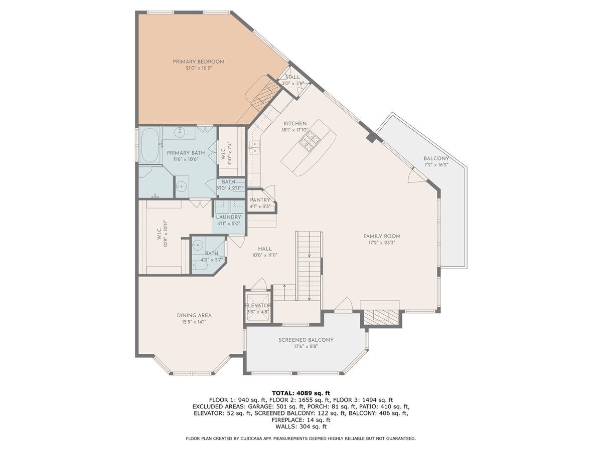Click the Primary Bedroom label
pyautogui.click(x=198, y=62)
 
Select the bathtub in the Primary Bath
pyautogui.click(x=149, y=145)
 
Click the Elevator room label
pyautogui.click(x=258, y=305)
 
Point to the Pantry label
pyautogui.click(x=260, y=200)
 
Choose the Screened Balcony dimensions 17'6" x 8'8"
pyautogui.click(x=306, y=346)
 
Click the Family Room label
pyautogui.click(x=382, y=236)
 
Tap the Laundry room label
pyautogui.click(x=228, y=217)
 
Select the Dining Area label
pyautogui.click(x=194, y=315)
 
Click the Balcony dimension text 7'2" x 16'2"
pyautogui.click(x=435, y=164)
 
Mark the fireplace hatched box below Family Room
pyautogui.click(x=380, y=316)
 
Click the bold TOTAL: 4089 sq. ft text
pyautogui.click(x=300, y=393)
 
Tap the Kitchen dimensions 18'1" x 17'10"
pyautogui.click(x=294, y=130)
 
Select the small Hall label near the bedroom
pyautogui.click(x=292, y=77)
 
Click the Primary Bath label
pyautogui.click(x=186, y=153)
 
